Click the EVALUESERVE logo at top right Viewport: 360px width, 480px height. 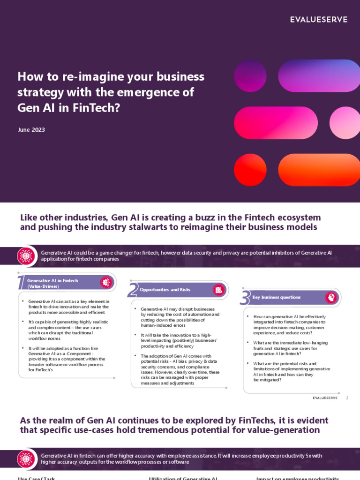[318, 19]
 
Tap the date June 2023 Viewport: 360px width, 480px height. [31, 130]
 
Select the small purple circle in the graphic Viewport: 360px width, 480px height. [250, 75]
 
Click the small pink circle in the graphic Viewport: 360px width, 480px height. [345, 123]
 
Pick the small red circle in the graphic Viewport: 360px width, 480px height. [250, 170]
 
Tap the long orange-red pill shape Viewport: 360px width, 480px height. [318, 170]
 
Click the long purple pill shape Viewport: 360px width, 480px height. [318, 75]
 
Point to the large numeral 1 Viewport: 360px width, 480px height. [20, 283]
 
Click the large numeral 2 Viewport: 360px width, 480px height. [132, 291]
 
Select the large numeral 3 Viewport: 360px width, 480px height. [244, 298]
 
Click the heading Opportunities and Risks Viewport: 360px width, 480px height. [165, 290]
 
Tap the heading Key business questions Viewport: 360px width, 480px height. [277, 297]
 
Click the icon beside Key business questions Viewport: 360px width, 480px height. [331, 297]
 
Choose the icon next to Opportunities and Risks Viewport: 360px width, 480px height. [218, 290]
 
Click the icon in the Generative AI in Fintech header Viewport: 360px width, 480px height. [106, 282]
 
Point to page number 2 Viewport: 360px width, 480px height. [347, 398]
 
